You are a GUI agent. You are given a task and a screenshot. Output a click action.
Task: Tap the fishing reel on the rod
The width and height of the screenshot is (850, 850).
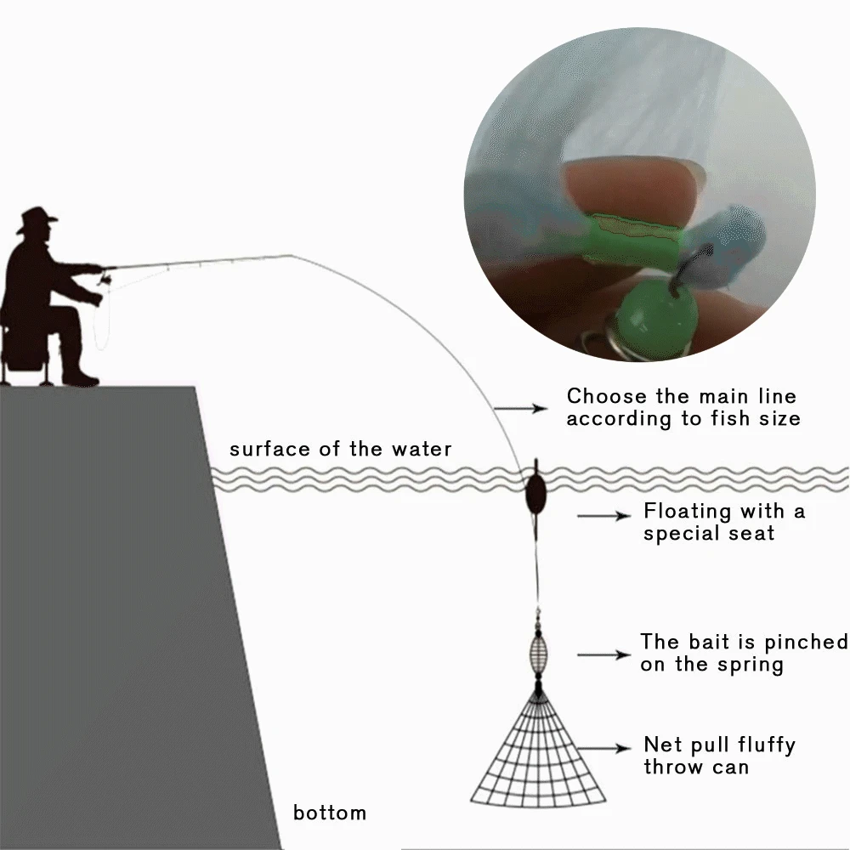click(106, 279)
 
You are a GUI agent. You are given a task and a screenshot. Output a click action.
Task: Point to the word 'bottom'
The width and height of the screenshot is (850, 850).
click(330, 813)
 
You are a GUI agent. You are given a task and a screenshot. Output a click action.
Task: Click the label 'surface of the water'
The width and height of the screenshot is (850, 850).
click(340, 449)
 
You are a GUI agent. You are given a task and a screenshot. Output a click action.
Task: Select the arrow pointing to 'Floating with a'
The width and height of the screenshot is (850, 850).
click(603, 516)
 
